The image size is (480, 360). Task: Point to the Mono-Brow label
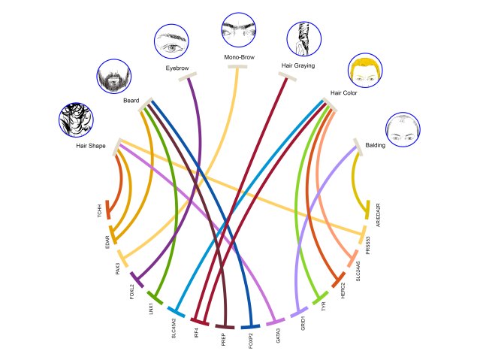(239, 57)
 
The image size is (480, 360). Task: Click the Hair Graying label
(297, 65)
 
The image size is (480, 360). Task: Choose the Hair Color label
(345, 94)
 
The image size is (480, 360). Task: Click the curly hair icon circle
(76, 119)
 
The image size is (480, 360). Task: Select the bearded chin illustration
(115, 75)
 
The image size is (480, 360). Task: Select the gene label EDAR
(107, 244)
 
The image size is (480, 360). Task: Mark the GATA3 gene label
(278, 335)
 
